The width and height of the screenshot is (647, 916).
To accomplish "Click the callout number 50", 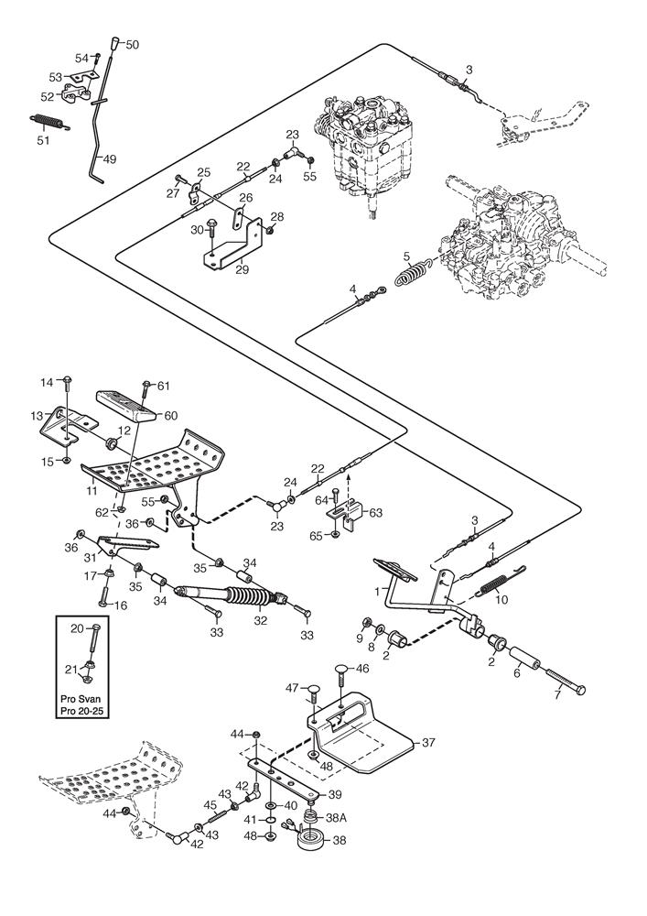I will click(132, 44).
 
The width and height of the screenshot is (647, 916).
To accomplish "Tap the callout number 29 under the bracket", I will click(242, 269).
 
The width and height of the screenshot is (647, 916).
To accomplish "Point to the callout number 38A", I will click(336, 818).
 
